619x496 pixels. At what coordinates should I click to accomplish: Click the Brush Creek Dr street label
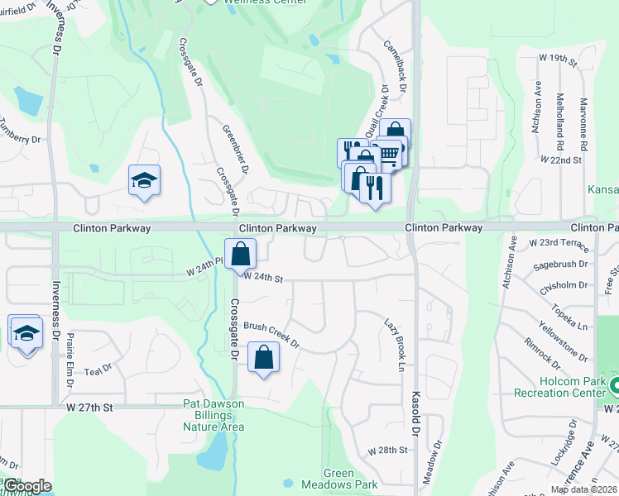[271, 334]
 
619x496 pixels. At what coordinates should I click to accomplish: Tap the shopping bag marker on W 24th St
[240, 255]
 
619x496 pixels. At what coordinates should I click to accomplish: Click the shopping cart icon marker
[389, 154]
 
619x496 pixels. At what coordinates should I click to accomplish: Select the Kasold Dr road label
[416, 413]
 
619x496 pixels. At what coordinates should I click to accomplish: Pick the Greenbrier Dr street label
[235, 149]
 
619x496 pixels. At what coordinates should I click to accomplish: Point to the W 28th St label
[388, 451]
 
